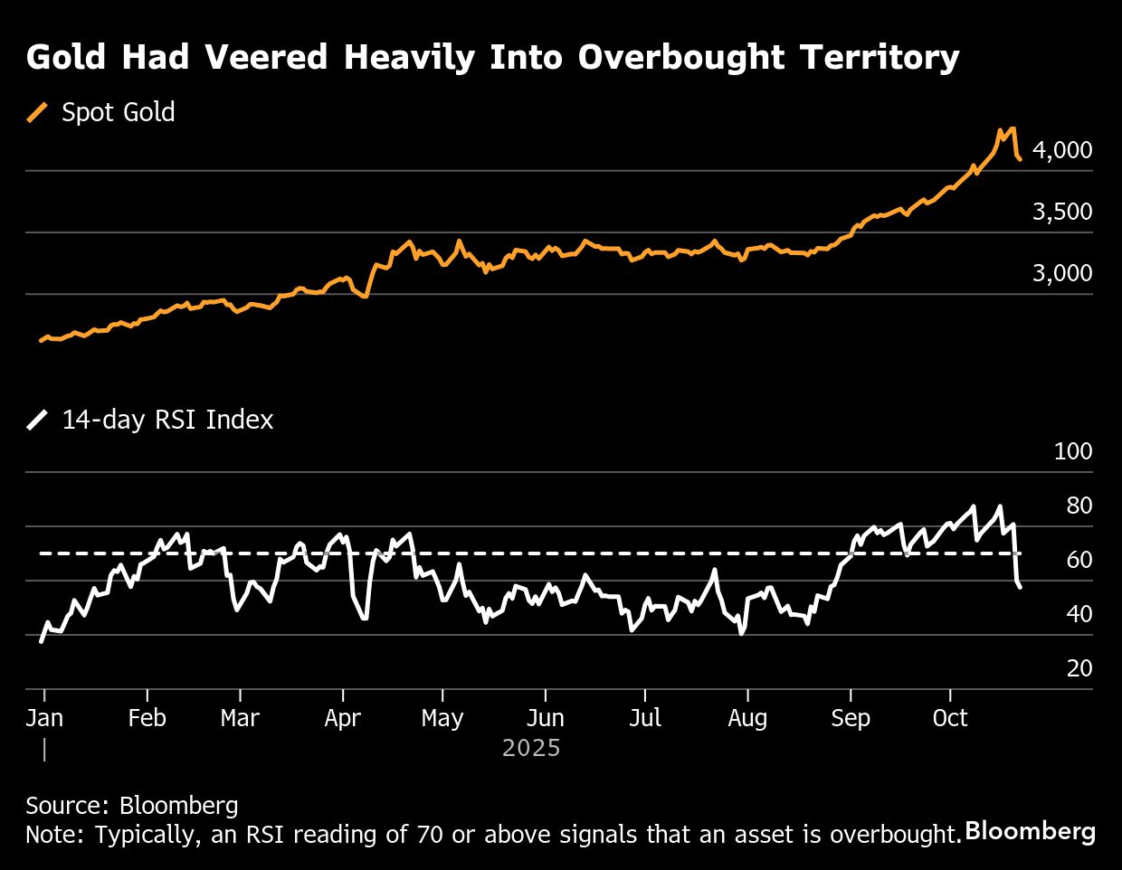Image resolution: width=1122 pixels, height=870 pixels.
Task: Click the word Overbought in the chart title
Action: [x=681, y=58]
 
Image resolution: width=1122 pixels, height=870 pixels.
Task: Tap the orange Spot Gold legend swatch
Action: [x=37, y=112]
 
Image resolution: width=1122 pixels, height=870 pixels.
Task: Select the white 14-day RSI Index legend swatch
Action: [x=37, y=420]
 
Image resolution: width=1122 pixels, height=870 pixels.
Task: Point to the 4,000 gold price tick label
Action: [x=1061, y=150]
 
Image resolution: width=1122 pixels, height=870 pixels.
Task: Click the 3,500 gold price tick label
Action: [x=1061, y=212]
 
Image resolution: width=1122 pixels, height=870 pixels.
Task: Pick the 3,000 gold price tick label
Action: [x=1061, y=273]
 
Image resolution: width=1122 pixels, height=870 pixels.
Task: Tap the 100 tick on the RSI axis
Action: [x=1073, y=451]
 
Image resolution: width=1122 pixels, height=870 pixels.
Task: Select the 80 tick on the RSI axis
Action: [x=1079, y=506]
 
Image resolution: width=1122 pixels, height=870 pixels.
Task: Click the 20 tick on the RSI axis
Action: [x=1079, y=668]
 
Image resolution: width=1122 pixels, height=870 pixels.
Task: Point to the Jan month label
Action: [x=44, y=718]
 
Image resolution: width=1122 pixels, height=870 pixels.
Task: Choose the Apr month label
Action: [x=342, y=718]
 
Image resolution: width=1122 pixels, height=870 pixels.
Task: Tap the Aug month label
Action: [x=747, y=718]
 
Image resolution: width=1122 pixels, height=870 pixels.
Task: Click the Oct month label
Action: [x=950, y=718]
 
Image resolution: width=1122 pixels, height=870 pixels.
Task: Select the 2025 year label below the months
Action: [x=531, y=749]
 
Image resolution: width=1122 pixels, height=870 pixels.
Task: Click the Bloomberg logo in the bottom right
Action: [x=1030, y=831]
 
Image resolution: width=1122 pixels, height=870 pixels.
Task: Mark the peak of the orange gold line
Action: [x=1012, y=128]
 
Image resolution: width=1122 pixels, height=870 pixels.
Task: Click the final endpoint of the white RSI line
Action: [x=1021, y=588]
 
